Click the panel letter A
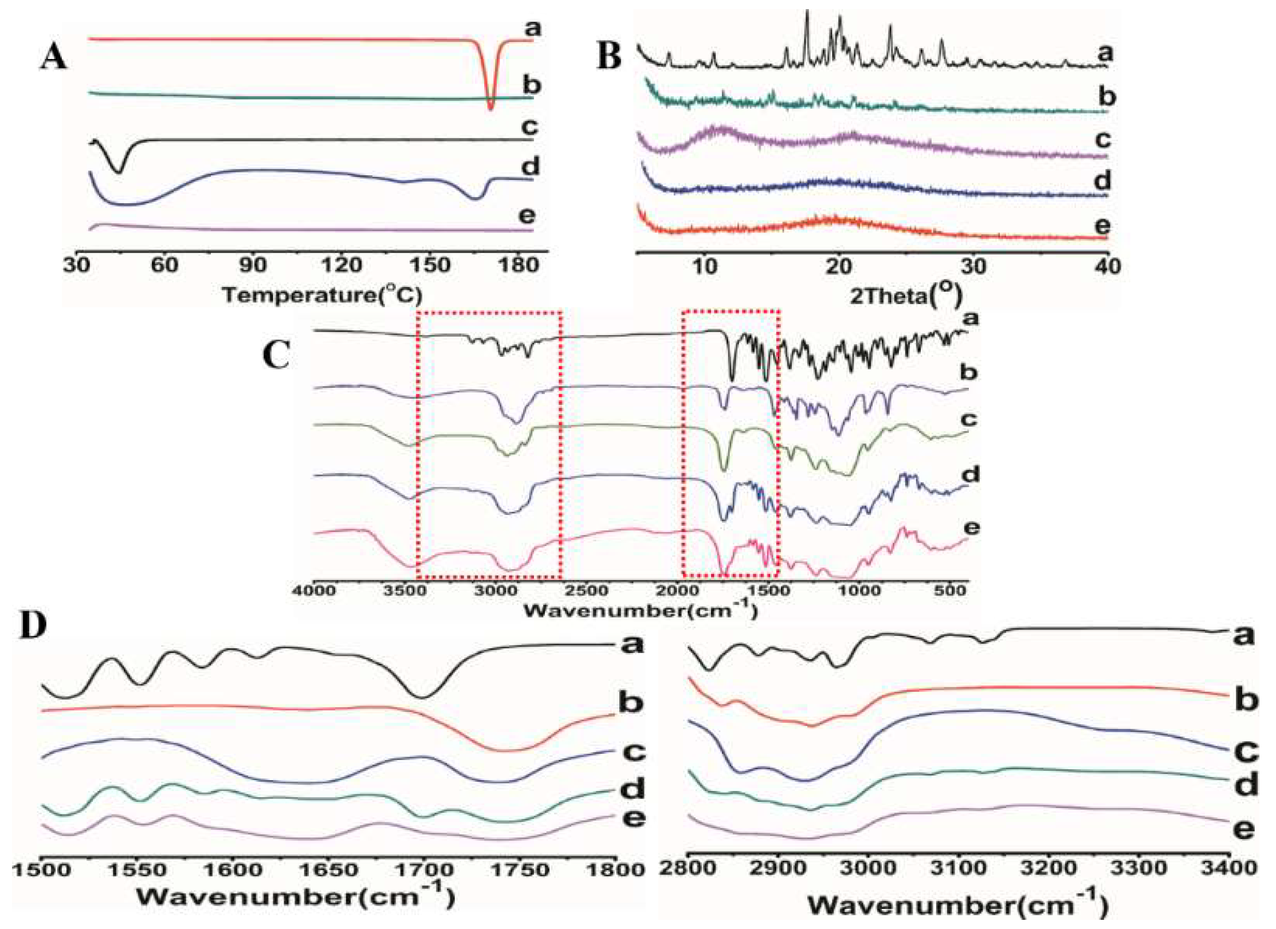[x=53, y=58]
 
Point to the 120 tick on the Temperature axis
[x=341, y=265]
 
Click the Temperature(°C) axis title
[x=322, y=294]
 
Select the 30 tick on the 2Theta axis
[x=973, y=266]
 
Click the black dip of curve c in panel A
[x=119, y=170]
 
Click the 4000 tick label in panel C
[x=314, y=591]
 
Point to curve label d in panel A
[x=531, y=167]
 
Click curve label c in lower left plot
[x=634, y=751]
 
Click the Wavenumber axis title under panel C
[x=640, y=610]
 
